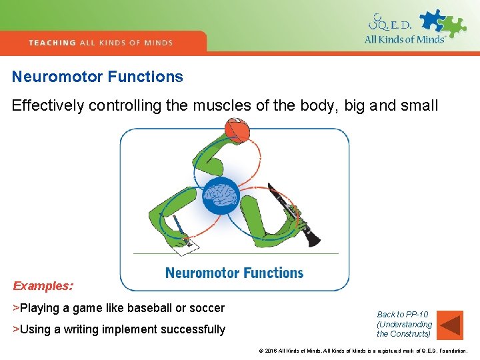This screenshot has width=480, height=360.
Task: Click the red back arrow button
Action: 451,325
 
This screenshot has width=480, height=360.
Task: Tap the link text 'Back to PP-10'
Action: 403,315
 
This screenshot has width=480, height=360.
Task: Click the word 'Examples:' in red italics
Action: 43,286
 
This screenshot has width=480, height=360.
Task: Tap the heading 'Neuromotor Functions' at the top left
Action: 97,77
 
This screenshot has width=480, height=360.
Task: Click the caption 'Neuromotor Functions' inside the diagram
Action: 234,273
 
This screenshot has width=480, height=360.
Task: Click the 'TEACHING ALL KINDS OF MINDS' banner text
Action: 101,43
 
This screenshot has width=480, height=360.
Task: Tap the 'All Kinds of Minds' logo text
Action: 404,39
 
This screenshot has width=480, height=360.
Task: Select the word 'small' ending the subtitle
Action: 419,106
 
